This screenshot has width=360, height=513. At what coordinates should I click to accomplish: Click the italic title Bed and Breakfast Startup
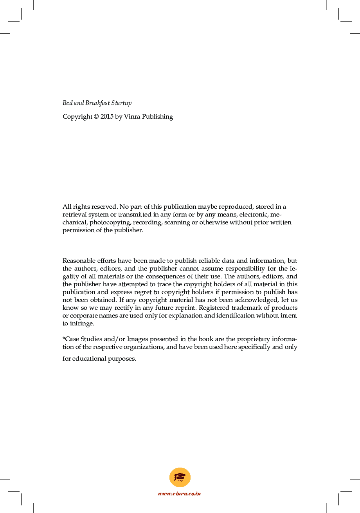(x=97, y=103)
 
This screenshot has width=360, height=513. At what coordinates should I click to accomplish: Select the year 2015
(x=107, y=117)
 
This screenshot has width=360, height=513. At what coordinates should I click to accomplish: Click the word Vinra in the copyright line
(x=132, y=117)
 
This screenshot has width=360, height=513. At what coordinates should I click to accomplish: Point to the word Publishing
(x=157, y=117)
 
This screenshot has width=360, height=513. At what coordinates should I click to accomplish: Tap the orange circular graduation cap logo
(x=180, y=477)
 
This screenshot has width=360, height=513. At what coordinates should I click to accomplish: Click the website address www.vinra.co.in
(x=180, y=494)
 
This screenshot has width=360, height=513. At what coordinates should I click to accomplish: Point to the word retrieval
(x=74, y=215)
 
